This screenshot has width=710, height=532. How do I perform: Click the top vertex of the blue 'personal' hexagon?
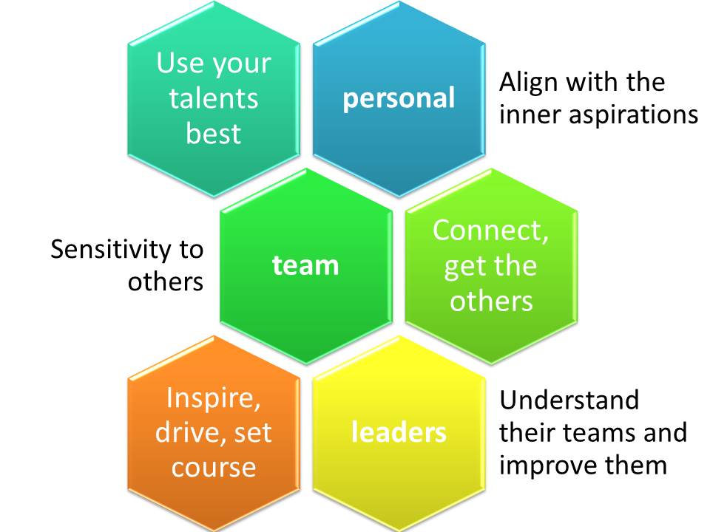399,1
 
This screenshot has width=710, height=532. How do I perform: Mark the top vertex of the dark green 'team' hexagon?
306,168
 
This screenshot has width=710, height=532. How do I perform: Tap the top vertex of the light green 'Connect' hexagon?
491,168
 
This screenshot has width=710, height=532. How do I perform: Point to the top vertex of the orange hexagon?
214,335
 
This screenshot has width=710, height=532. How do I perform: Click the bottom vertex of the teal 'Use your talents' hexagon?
214,197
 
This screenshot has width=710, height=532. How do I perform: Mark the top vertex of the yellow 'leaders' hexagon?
399,335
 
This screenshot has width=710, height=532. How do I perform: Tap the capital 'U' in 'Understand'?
509,400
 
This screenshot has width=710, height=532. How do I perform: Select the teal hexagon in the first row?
214,99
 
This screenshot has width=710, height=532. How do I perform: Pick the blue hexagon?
399,99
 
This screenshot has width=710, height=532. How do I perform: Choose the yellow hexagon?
399,434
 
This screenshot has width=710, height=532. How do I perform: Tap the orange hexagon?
214,434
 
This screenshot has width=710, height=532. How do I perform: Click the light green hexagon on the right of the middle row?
491,267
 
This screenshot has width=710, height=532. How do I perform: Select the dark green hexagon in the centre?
306,267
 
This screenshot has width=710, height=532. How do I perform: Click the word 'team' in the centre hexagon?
305,265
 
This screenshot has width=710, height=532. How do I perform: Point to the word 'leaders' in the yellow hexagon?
399,432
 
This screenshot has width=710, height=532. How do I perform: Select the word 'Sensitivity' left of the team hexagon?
111,250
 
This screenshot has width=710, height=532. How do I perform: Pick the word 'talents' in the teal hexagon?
214,98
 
